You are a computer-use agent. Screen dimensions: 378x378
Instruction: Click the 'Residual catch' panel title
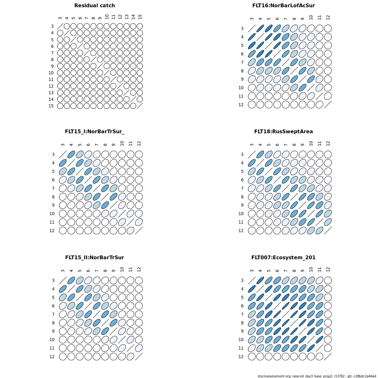(x=94, y=6)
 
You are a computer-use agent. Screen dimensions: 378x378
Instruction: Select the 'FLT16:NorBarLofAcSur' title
(x=283, y=6)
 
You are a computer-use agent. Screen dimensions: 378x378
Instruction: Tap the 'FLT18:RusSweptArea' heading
(x=283, y=132)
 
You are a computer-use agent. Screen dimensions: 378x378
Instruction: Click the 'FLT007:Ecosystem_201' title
(x=283, y=258)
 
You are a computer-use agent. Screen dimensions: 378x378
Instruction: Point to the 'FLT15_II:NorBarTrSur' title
(x=94, y=258)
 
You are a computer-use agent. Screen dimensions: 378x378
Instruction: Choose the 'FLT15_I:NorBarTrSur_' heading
(x=94, y=132)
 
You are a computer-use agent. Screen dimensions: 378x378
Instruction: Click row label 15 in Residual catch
(x=51, y=106)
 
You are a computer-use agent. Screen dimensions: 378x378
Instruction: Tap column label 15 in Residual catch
(x=140, y=16)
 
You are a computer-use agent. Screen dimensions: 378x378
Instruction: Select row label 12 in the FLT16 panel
(x=241, y=105)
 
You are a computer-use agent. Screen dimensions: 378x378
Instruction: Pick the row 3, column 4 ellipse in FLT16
(x=260, y=28)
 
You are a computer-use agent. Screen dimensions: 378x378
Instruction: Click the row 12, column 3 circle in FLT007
(x=252, y=357)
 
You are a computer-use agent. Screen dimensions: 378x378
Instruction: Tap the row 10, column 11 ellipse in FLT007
(x=319, y=340)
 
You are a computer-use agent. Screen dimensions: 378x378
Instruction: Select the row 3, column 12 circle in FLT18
(x=328, y=154)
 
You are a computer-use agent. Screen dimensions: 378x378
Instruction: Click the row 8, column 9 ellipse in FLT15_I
(x=114, y=197)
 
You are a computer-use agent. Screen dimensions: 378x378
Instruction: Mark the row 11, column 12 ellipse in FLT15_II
(x=139, y=348)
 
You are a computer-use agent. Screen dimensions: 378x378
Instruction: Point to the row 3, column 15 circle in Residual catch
(x=140, y=26)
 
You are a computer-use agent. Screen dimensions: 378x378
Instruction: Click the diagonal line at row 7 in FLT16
(x=286, y=62)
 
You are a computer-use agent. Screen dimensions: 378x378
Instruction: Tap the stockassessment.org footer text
(x=317, y=376)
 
